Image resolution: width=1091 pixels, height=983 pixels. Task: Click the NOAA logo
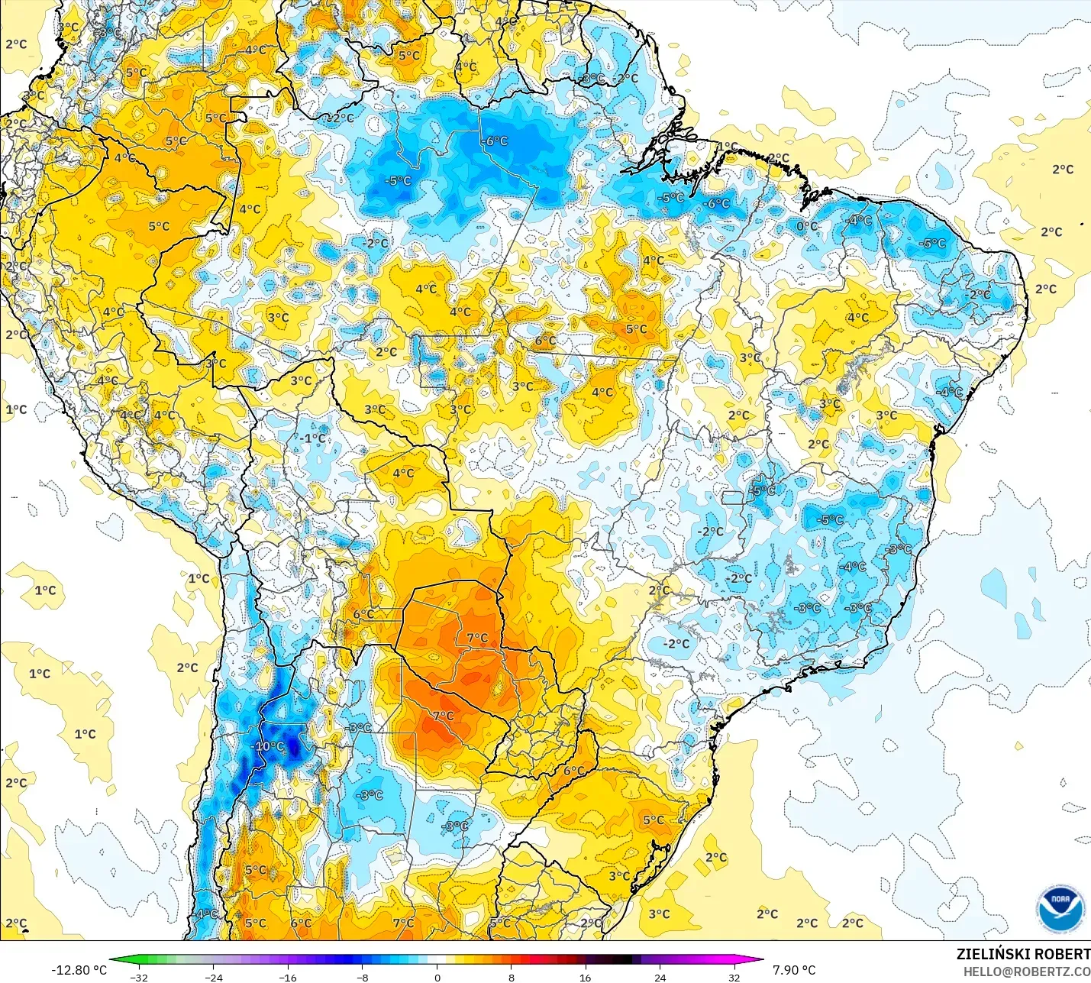1060,909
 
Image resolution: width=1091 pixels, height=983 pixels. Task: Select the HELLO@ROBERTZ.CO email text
1026,972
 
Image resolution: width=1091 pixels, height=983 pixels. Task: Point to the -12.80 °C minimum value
79,970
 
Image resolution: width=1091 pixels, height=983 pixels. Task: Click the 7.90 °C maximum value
794,970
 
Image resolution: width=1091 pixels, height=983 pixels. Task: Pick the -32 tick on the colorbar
138,977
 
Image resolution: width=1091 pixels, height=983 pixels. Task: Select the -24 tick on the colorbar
213,977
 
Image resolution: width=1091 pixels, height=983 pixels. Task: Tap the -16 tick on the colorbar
288,977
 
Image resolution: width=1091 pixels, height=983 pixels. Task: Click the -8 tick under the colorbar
363,977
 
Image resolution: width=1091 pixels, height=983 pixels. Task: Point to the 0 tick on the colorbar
437,977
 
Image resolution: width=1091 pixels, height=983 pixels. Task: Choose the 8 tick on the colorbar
512,977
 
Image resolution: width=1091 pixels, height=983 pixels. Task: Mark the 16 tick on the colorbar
586,977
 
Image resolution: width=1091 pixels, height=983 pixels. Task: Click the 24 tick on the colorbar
660,977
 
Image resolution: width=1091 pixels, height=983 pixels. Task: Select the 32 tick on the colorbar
734,977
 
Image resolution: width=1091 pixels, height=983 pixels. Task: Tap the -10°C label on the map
268,746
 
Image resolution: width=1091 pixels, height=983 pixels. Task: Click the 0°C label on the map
807,226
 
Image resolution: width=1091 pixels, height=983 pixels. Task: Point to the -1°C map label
314,438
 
